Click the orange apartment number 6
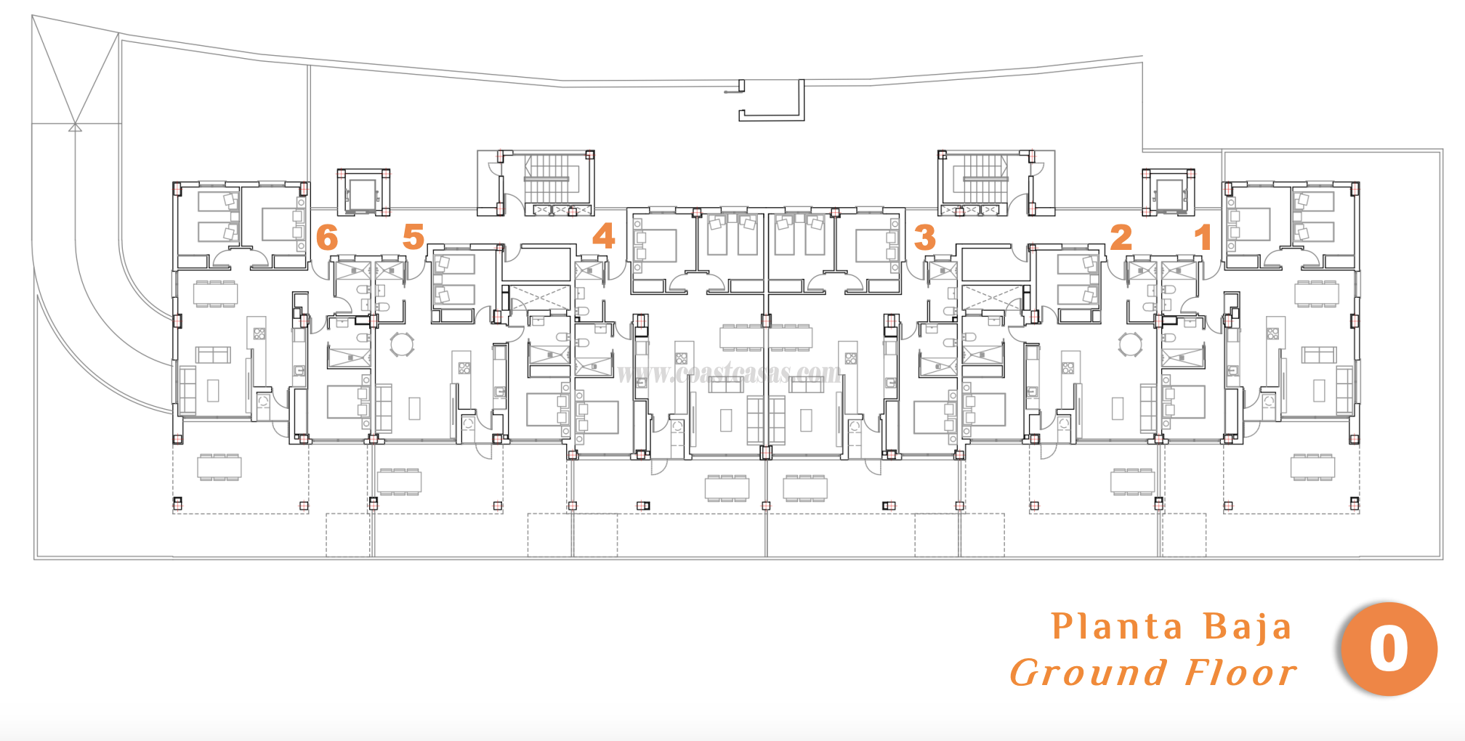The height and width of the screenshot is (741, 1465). [x=327, y=238]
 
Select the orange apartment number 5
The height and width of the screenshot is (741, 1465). [x=413, y=237]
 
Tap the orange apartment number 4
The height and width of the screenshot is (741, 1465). [x=603, y=236]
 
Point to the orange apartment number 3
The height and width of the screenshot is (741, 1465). [x=924, y=238]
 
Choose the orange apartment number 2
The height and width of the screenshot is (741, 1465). [x=1121, y=238]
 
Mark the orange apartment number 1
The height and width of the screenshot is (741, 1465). [x=1203, y=238]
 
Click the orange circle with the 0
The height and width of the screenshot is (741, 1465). [x=1389, y=649]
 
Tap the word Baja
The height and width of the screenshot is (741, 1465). [x=1247, y=627]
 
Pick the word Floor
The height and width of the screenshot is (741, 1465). [x=1240, y=673]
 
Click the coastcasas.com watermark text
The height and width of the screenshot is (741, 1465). [x=729, y=373]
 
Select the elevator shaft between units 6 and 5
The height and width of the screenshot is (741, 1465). [x=363, y=192]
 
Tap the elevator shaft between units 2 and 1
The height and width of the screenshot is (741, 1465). [x=1169, y=193]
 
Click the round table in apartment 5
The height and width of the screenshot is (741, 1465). [x=402, y=344]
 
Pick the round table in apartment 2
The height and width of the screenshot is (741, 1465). [x=1130, y=344]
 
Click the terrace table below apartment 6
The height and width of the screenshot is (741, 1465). [x=219, y=467]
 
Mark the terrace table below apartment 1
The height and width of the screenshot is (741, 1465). [x=1312, y=466]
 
